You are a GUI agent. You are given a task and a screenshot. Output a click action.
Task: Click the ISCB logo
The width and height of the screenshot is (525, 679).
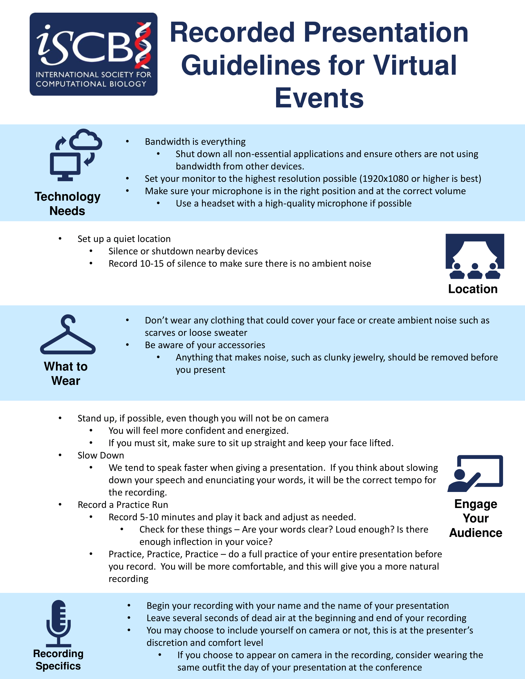pos(93,54)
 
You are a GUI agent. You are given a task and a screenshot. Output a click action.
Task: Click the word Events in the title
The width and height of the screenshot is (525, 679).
pos(319,98)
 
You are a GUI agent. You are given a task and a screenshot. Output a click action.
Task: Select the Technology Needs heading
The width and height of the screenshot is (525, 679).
pos(68,204)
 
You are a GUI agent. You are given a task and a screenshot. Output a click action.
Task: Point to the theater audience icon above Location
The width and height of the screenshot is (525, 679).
pos(475,256)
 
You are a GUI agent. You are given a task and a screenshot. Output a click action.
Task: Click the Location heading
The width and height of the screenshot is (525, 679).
pos(473,289)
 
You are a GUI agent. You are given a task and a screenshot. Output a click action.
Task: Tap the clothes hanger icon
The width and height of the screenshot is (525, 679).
pos(68,335)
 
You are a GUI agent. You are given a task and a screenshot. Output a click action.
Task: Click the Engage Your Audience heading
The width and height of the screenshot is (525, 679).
pos(476,518)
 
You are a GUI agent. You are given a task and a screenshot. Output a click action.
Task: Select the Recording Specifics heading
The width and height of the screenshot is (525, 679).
pos(58,660)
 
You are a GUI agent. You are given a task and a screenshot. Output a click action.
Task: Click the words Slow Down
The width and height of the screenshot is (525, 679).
pos(101,456)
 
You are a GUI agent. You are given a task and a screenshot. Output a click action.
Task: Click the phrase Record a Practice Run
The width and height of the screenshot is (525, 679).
pos(123,505)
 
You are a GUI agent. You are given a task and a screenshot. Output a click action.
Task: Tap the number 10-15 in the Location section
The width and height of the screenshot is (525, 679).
pos(152,264)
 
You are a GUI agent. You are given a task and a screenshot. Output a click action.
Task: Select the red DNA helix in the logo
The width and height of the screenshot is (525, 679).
pos(143,45)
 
